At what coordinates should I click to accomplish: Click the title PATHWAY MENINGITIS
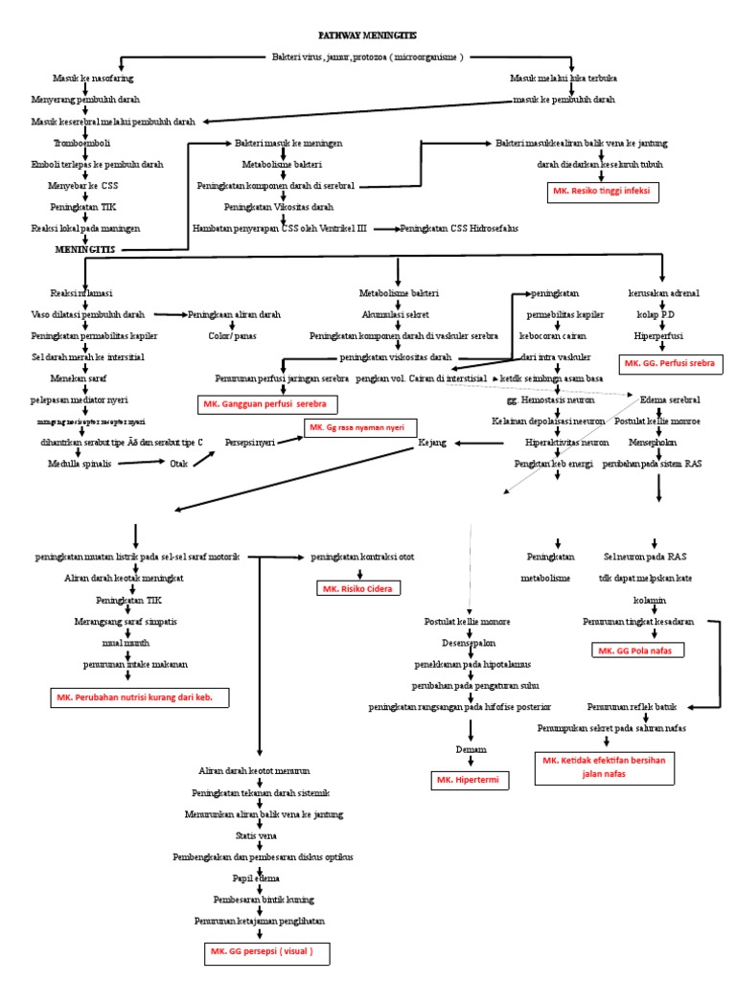(368, 34)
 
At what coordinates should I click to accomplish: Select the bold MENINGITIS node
(83, 248)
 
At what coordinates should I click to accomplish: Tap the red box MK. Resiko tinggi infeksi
(600, 192)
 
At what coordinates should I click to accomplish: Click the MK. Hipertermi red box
(470, 781)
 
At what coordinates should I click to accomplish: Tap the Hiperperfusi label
(655, 336)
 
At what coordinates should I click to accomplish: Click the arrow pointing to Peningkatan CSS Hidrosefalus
(385, 229)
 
